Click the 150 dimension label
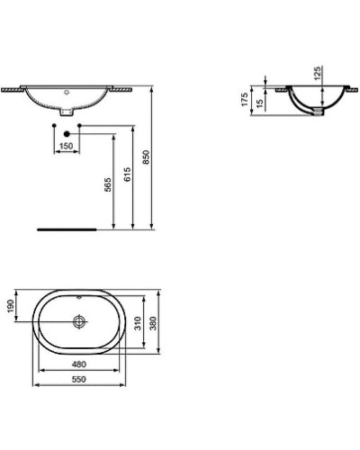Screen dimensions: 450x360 pyautogui.click(x=66, y=146)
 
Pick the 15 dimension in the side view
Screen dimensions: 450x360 pyautogui.click(x=260, y=105)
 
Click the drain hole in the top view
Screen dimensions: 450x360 pyautogui.click(x=81, y=320)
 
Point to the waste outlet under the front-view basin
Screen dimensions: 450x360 pyautogui.click(x=68, y=114)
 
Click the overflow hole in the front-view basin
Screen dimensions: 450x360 pyautogui.click(x=68, y=93)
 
